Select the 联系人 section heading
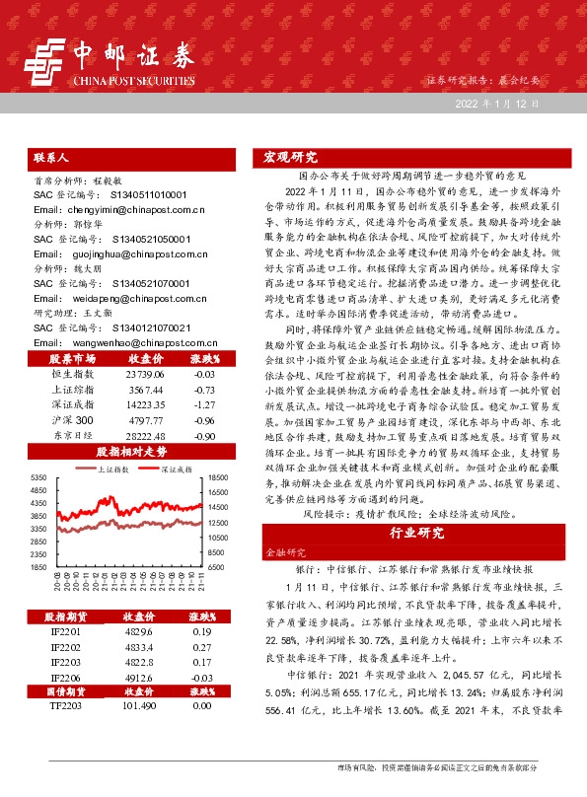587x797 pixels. point(49,157)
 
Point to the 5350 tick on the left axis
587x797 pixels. point(37,450)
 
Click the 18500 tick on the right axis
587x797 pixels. point(218,450)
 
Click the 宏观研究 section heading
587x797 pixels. point(292,157)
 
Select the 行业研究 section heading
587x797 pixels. point(417,534)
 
